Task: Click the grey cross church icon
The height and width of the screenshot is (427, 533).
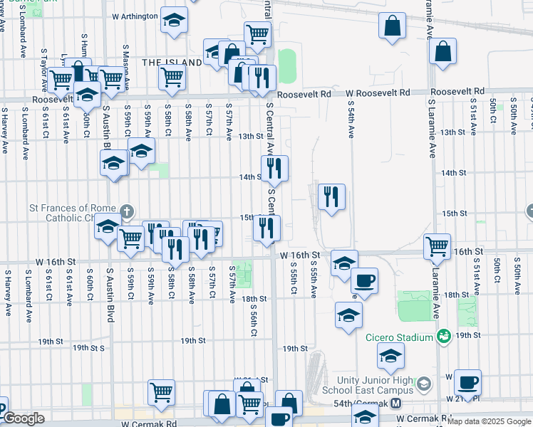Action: [126, 211]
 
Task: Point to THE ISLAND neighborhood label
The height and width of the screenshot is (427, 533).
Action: [172, 63]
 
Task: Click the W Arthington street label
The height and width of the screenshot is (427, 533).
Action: [135, 16]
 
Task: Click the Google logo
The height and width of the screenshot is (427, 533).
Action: [24, 418]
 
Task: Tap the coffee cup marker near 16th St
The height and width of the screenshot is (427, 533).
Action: [364, 280]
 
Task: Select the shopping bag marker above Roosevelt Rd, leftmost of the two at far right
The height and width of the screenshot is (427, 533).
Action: [393, 26]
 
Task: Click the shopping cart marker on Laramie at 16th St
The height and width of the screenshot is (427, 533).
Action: [437, 246]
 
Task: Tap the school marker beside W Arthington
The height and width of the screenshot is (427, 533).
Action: [173, 21]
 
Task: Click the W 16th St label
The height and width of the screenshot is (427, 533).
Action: [302, 254]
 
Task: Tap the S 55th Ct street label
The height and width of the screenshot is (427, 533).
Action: [294, 279]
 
